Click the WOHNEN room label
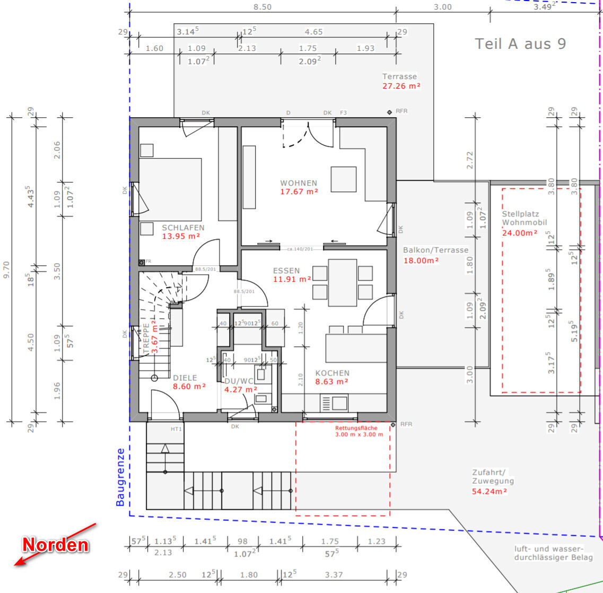tap(299, 183)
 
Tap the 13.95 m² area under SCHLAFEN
tap(181, 236)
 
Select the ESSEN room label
tap(286, 271)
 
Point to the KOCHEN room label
tap(333, 373)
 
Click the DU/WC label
tap(239, 381)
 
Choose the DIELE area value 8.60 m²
tap(189, 386)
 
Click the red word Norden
tap(55, 545)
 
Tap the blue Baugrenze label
tap(120, 477)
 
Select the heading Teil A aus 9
tap(520, 44)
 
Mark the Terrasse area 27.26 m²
tap(401, 86)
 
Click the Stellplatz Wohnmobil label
tap(524, 218)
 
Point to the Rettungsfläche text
tap(356, 428)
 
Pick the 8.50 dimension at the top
tap(263, 7)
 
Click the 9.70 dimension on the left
tap(6, 269)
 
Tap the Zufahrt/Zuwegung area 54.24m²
tap(489, 491)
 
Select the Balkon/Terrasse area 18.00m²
tap(421, 260)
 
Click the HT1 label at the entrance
tap(176, 429)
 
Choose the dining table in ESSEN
tap(342, 283)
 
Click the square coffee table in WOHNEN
tap(344, 179)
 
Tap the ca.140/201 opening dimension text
tap(300, 249)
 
